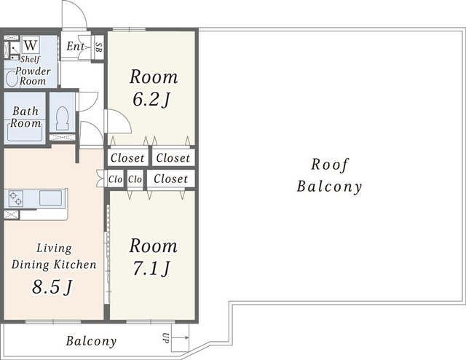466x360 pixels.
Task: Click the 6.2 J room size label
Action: (151, 99)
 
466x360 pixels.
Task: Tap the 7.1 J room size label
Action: (151, 268)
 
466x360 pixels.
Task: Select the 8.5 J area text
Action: (52, 287)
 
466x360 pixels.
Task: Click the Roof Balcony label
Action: (329, 176)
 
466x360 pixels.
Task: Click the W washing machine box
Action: (31, 45)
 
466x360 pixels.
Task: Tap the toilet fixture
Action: (62, 118)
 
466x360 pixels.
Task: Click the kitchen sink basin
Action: (50, 197)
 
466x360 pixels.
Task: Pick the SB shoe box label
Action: (98, 47)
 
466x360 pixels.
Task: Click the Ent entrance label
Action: (75, 46)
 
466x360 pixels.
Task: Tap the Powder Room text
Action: (33, 76)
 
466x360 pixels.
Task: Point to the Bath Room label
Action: (25, 117)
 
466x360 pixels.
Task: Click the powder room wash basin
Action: (12, 78)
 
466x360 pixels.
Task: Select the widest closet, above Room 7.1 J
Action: (171, 179)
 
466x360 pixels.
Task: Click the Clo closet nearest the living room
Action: (115, 179)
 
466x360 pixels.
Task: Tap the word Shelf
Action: (30, 59)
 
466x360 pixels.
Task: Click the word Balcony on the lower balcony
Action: (91, 341)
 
